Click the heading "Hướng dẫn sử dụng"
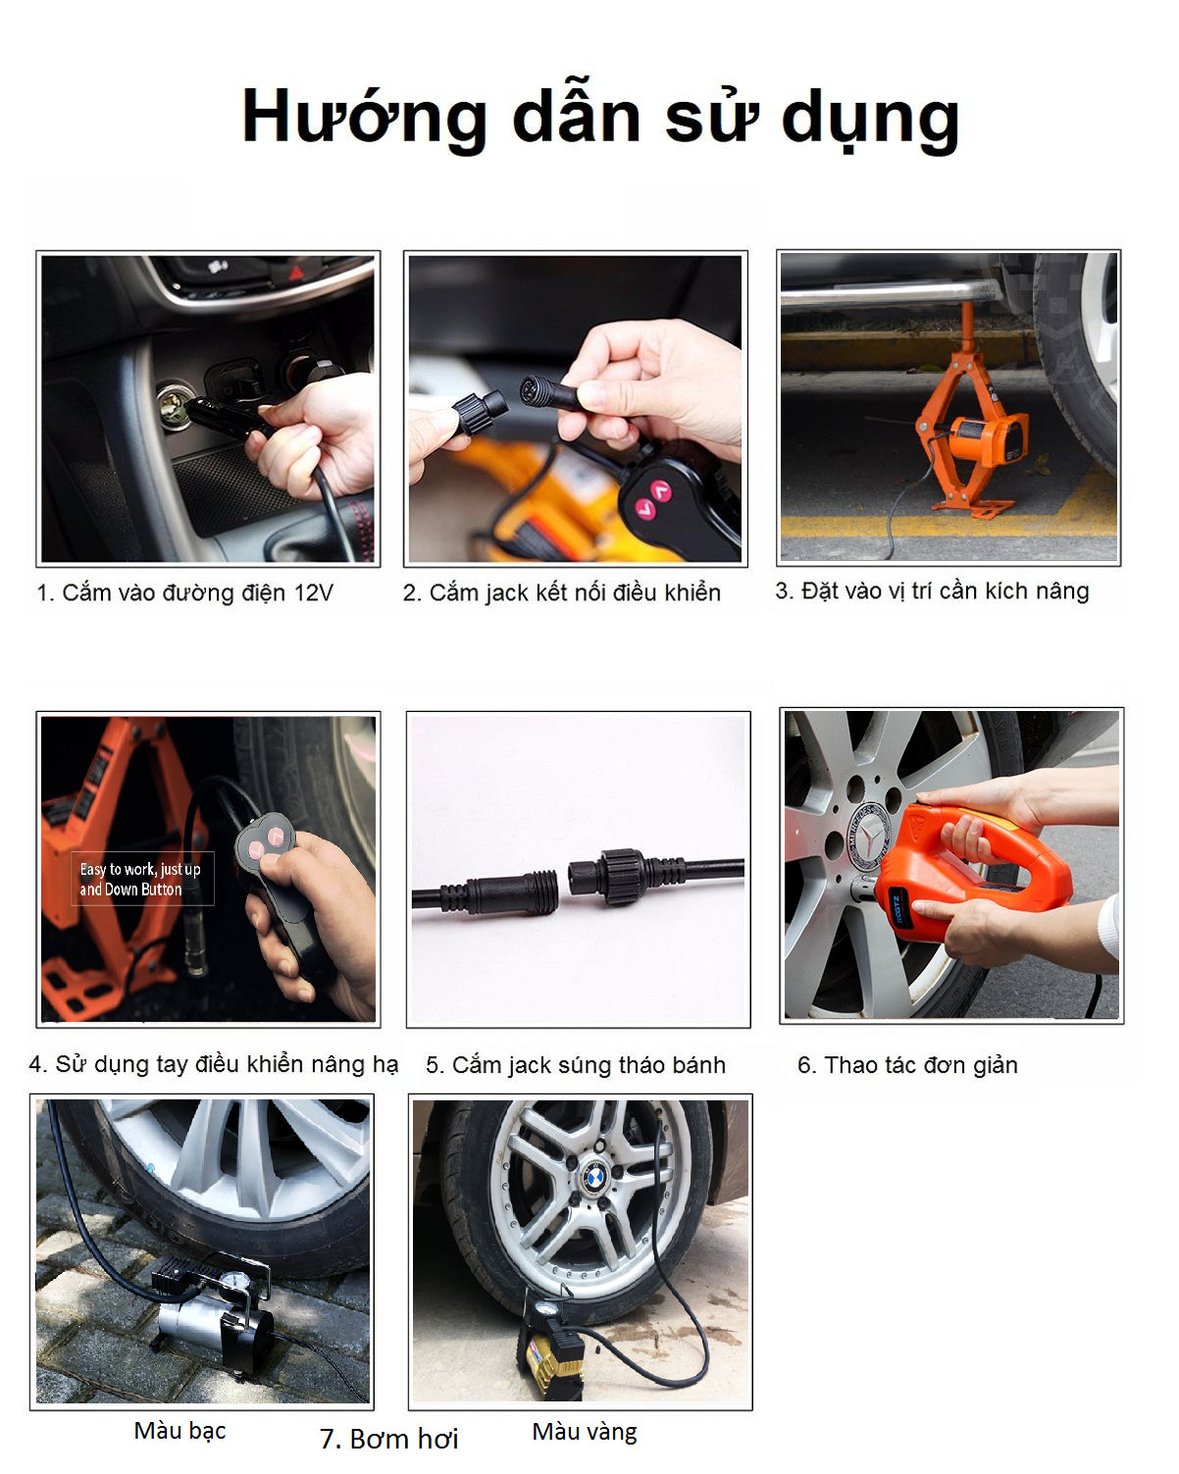[x=600, y=119]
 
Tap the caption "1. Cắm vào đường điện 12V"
[x=185, y=593]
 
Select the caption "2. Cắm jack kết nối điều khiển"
[x=562, y=593]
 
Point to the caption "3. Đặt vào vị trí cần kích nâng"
[x=932, y=591]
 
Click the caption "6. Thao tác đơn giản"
[x=907, y=1065]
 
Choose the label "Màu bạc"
[x=179, y=1431]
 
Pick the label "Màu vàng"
[x=585, y=1432]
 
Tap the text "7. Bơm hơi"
[x=388, y=1439]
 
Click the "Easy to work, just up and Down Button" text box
[x=142, y=879]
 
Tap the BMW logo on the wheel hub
[x=594, y=1178]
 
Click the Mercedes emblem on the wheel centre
[x=870, y=837]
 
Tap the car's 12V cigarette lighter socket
[x=174, y=405]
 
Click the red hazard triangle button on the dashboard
[x=296, y=273]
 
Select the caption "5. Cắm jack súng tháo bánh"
[x=576, y=1065]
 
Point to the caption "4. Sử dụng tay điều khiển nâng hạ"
[x=214, y=1064]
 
